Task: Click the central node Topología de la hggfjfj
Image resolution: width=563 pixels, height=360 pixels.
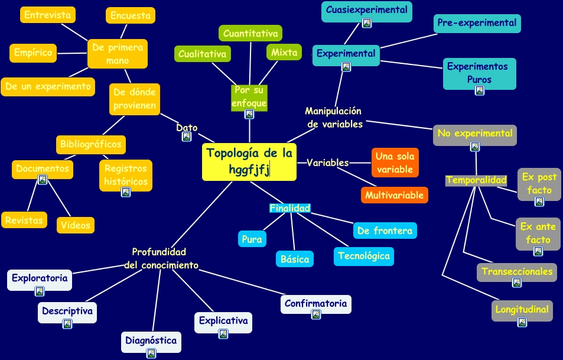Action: tap(249, 161)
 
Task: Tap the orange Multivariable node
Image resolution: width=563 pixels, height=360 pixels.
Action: tap(394, 195)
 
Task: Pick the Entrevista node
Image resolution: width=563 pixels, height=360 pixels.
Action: tap(48, 15)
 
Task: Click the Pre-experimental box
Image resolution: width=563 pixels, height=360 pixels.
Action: tap(477, 24)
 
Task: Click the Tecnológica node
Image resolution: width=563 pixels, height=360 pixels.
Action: tap(363, 256)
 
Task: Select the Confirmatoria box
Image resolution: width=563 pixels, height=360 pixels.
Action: tap(315, 304)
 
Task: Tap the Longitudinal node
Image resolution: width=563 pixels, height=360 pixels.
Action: tap(522, 309)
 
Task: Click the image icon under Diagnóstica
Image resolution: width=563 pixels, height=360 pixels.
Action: tap(151, 353)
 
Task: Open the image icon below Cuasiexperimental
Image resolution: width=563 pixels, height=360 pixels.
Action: tap(367, 24)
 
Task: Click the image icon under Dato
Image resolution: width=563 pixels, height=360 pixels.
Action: tap(187, 137)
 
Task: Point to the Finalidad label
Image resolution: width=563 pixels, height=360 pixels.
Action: tap(289, 208)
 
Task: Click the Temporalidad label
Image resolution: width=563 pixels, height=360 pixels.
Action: tap(476, 180)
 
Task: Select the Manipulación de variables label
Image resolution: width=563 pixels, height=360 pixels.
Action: tap(334, 118)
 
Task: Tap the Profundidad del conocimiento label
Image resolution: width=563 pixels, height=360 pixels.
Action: tap(161, 258)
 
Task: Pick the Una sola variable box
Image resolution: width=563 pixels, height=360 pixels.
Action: tap(395, 163)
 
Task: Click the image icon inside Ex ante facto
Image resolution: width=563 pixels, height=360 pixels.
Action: tap(538, 251)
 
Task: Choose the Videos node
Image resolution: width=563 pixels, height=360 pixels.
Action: tap(76, 225)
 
